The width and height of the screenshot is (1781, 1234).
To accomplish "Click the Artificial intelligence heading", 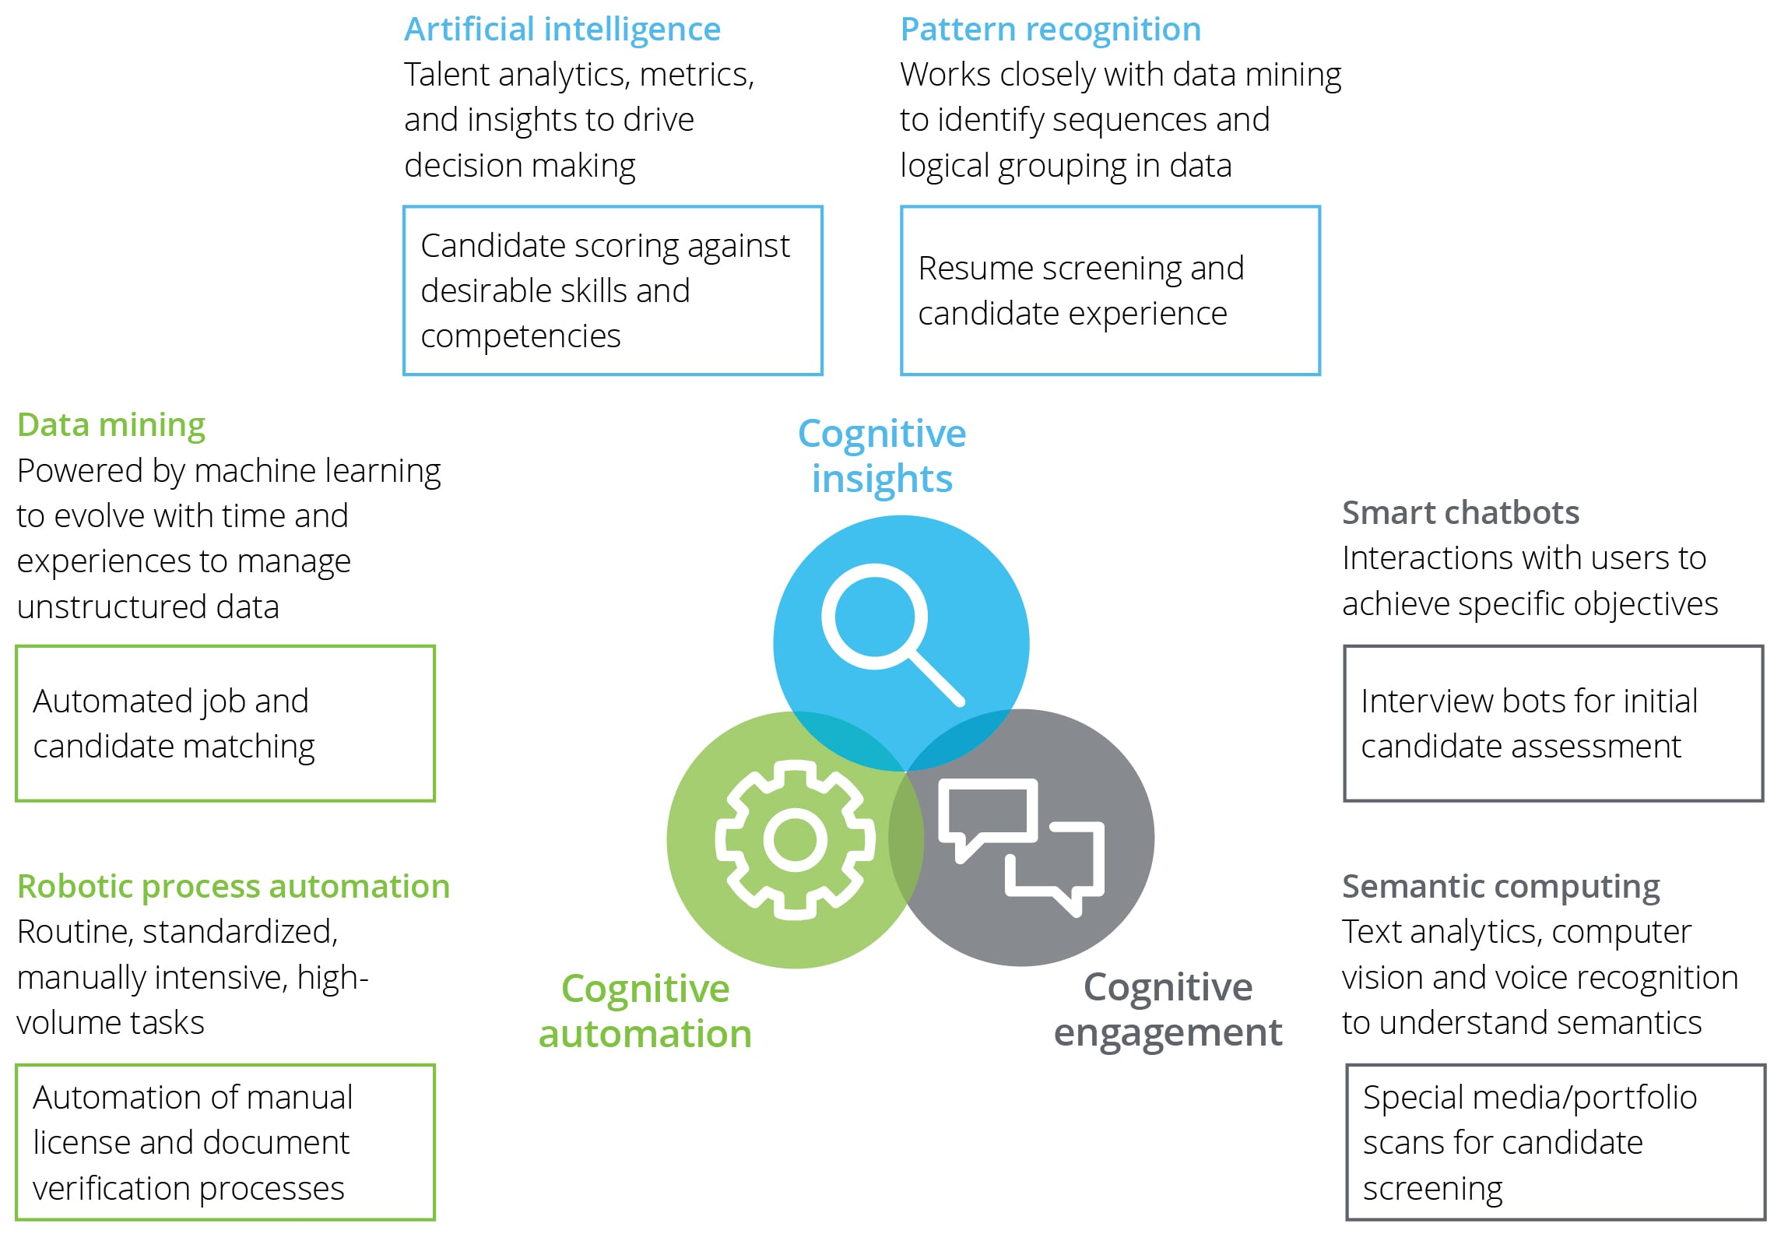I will pyautogui.click(x=562, y=30).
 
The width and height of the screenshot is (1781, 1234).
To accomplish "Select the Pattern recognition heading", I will pyautogui.click(x=1050, y=30).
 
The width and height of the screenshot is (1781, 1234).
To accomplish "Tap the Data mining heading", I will pyautogui.click(x=111, y=425).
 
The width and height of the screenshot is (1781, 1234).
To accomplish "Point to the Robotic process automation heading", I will pyautogui.click(x=234, y=886).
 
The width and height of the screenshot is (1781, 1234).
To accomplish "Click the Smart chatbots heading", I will pyautogui.click(x=1460, y=513).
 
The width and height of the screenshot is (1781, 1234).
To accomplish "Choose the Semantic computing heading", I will pyautogui.click(x=1500, y=886).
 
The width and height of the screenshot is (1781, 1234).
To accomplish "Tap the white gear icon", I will pyautogui.click(x=795, y=839).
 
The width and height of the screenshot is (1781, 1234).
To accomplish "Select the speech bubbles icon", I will pyautogui.click(x=1020, y=846).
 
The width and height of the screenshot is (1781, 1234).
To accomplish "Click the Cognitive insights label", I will pyautogui.click(x=882, y=456).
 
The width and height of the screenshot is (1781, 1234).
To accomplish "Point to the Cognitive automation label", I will pyautogui.click(x=645, y=1011).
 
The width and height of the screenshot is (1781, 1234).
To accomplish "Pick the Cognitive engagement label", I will pyautogui.click(x=1168, y=1010).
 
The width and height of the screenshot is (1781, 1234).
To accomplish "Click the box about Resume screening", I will pyautogui.click(x=1110, y=290).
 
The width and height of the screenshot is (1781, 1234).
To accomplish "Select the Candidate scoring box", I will pyautogui.click(x=613, y=290).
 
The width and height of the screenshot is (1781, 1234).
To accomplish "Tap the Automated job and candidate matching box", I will pyautogui.click(x=225, y=723).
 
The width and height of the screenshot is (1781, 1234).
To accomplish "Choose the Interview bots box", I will pyautogui.click(x=1553, y=723).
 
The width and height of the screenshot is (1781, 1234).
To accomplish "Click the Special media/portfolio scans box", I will pyautogui.click(x=1555, y=1142).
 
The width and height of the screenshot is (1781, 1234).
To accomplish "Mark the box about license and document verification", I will pyautogui.click(x=225, y=1142).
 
